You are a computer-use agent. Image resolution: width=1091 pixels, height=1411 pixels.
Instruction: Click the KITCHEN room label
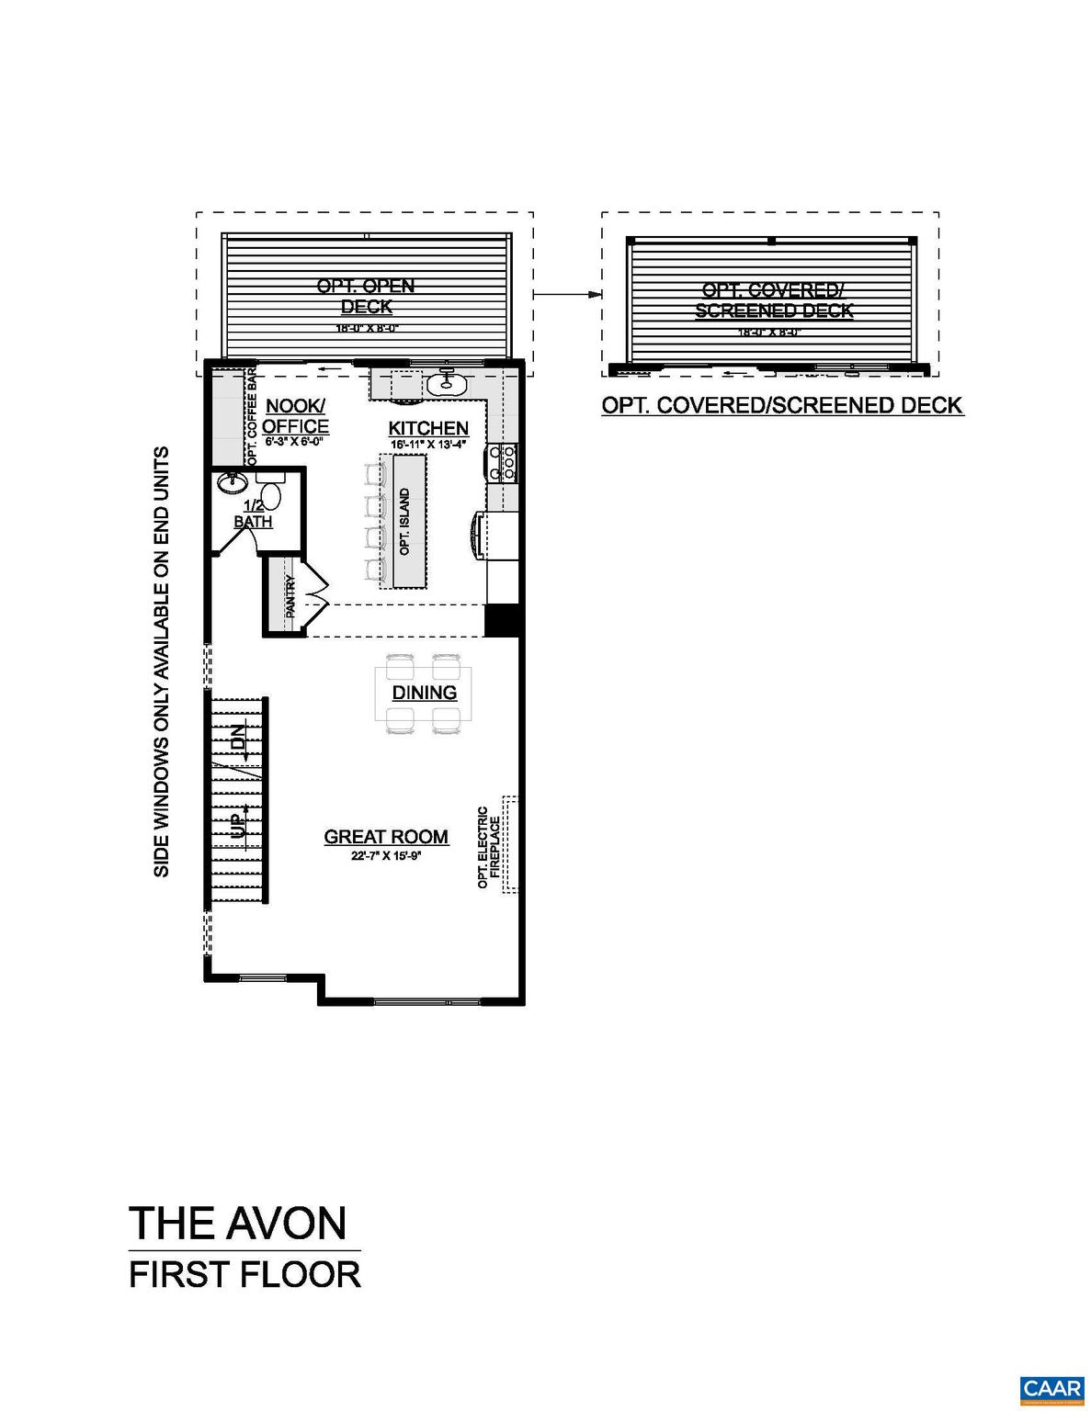point(428,428)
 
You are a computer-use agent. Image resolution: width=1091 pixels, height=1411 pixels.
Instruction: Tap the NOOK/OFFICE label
point(295,416)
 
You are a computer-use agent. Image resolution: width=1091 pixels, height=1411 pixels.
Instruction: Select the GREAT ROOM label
point(386,837)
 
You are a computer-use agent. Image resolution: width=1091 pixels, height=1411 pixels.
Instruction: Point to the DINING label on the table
point(425,693)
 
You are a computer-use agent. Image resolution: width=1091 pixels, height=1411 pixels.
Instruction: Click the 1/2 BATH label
point(253,514)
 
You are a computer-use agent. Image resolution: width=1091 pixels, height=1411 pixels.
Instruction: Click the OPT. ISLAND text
point(405,522)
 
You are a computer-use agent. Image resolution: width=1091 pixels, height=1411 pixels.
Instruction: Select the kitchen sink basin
point(449,383)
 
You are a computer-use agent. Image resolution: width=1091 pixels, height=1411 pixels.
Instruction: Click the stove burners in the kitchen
point(506,462)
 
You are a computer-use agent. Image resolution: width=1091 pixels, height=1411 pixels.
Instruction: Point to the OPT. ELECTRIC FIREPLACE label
point(488,847)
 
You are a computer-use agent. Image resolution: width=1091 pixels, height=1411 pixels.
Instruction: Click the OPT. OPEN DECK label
point(366,296)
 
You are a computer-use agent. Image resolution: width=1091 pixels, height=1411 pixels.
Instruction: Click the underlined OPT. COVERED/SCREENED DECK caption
point(782,405)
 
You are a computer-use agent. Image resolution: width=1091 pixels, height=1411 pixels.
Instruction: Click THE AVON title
point(238,1223)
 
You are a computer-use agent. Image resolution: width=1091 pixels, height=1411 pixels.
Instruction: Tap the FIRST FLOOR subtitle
point(244,1275)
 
